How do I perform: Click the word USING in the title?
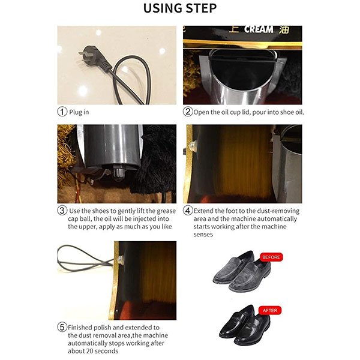163,8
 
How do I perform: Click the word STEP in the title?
201,8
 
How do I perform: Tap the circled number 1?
62,112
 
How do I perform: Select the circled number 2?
188,112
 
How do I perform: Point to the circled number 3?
62,211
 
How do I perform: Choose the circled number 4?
188,211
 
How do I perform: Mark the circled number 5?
62,327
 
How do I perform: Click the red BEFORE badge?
271,257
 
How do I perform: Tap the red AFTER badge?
270,310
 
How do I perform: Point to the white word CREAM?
259,29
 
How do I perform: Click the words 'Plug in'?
79,112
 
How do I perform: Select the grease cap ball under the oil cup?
118,174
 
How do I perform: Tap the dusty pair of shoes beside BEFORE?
242,271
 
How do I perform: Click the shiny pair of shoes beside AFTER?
244,325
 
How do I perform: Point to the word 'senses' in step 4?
203,235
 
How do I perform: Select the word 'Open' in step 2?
201,112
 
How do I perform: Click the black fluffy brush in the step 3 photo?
156,161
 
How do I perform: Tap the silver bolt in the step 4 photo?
192,145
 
